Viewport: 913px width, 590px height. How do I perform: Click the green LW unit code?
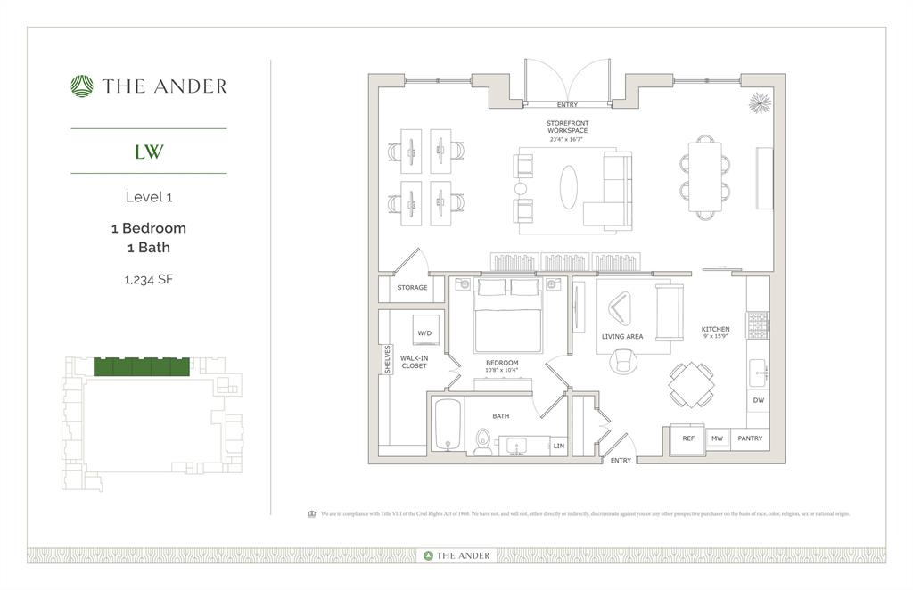[x=148, y=152]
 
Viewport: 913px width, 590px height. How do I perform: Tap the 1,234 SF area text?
[x=148, y=279]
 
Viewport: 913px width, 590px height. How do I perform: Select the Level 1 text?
[x=148, y=197]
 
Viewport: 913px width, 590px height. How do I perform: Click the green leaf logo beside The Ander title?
[x=82, y=86]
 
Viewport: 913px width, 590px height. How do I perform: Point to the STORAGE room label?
[x=412, y=288]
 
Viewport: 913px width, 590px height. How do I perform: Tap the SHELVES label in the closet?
[x=387, y=360]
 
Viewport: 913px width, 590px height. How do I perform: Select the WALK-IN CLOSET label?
[x=414, y=362]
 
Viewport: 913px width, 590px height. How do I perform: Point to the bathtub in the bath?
[x=447, y=424]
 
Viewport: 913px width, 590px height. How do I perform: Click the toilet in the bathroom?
[x=482, y=441]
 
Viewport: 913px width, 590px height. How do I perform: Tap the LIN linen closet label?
[x=558, y=446]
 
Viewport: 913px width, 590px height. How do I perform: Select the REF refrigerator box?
[x=688, y=438]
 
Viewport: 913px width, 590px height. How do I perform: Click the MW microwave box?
[x=717, y=438]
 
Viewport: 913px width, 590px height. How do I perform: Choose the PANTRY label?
[x=750, y=438]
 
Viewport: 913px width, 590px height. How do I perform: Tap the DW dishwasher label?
[x=758, y=401]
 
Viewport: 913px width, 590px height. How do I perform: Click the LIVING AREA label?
[x=622, y=337]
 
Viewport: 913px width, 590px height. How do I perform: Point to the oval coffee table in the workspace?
[x=568, y=188]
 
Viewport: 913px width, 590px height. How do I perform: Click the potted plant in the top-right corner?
[x=760, y=102]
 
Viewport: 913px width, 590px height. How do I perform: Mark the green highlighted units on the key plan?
[x=141, y=366]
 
